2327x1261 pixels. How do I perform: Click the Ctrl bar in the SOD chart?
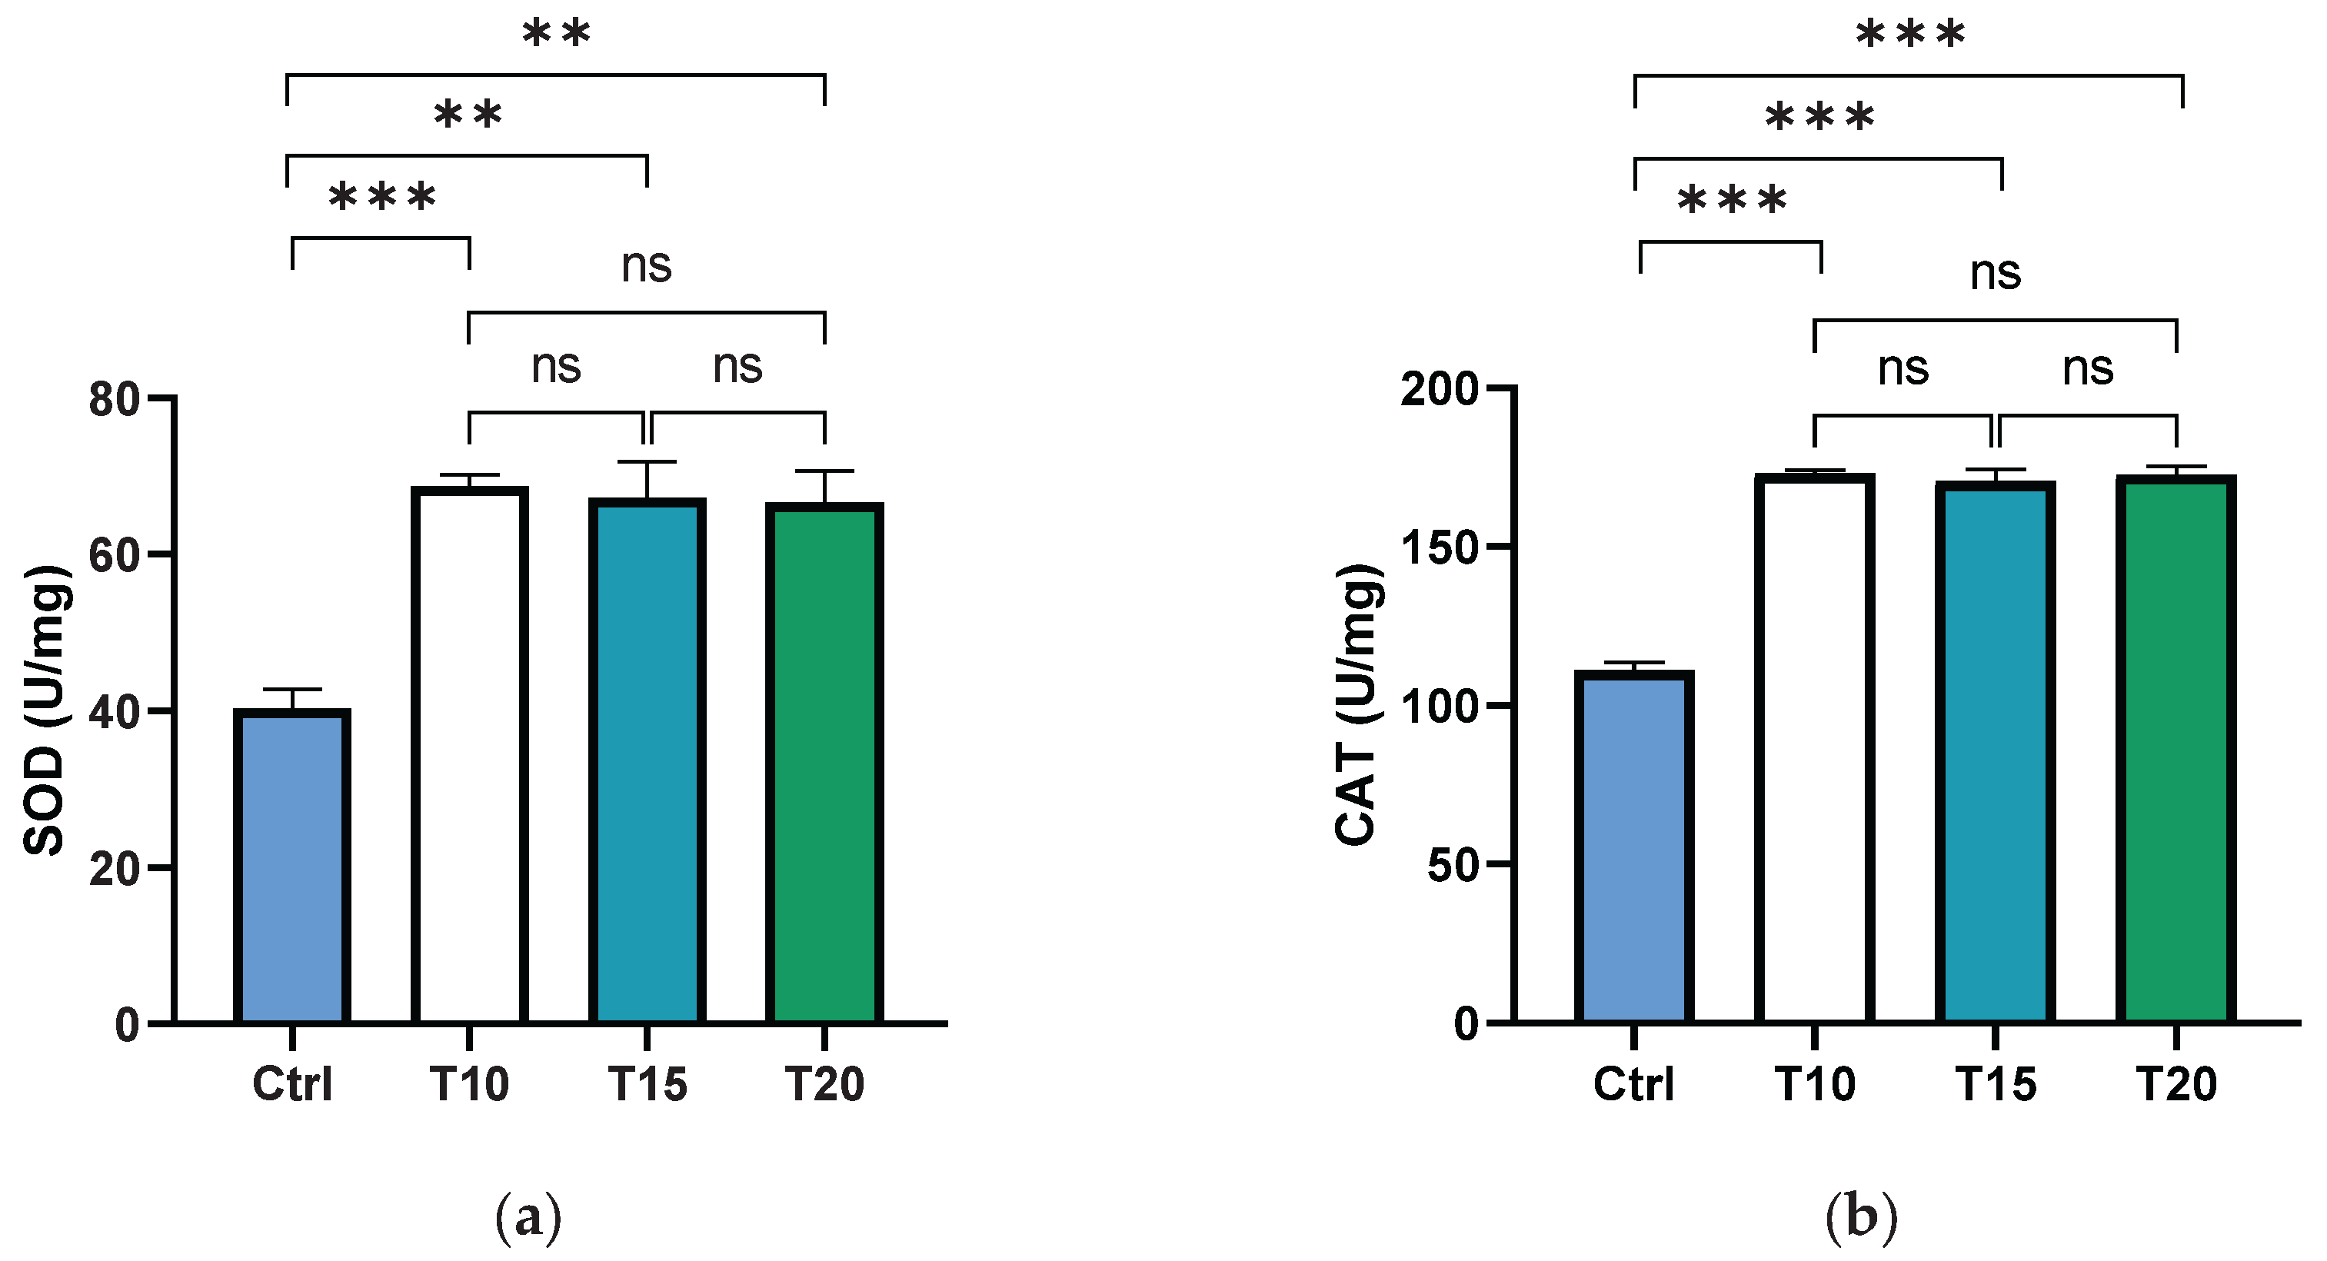(x=291, y=867)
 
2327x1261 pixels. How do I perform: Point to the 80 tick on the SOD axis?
(x=162, y=398)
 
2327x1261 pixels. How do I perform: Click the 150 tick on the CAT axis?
(x=1500, y=547)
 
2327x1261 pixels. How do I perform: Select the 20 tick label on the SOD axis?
(x=114, y=869)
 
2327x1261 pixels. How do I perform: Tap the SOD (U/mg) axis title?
(x=45, y=711)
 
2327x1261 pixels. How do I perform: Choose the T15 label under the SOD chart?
(x=647, y=1084)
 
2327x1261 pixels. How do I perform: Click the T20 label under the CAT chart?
(x=2176, y=1084)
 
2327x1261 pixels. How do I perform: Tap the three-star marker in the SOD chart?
(x=383, y=198)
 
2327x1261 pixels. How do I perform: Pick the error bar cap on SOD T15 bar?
(x=647, y=462)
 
